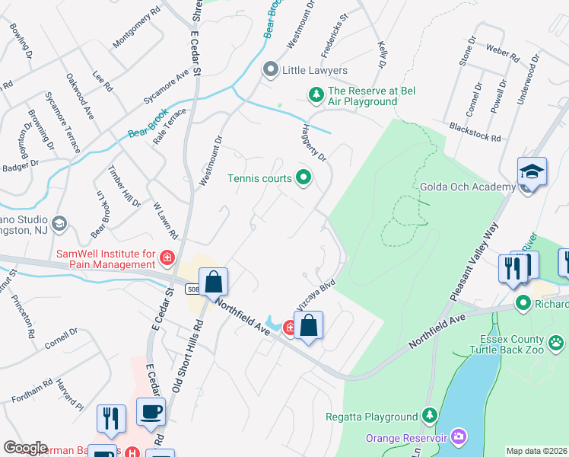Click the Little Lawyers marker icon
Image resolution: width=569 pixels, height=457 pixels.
pos(270,71)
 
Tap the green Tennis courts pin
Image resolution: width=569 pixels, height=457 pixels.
pos(304,179)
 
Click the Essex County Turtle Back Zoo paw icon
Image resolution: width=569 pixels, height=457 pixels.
pos(557,342)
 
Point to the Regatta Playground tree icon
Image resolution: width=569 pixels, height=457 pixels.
pos(430,416)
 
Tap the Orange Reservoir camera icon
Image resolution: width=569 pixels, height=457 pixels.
pos(459,437)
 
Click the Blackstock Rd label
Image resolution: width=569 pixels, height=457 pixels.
pos(475,132)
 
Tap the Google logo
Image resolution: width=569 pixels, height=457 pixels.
pos(26,447)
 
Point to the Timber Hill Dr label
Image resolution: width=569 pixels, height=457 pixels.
pos(124,186)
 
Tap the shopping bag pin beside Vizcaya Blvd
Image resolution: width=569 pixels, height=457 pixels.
pos(308,326)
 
